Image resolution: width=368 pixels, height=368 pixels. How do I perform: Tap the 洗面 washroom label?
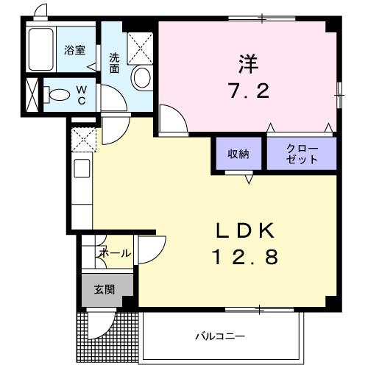point(115,63)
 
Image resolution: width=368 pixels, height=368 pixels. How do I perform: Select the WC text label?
point(81,93)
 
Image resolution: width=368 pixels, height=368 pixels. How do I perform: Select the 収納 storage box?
point(238,154)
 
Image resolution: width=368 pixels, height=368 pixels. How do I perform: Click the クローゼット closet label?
point(302,154)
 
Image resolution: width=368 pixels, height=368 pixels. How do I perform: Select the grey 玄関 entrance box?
point(103,289)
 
